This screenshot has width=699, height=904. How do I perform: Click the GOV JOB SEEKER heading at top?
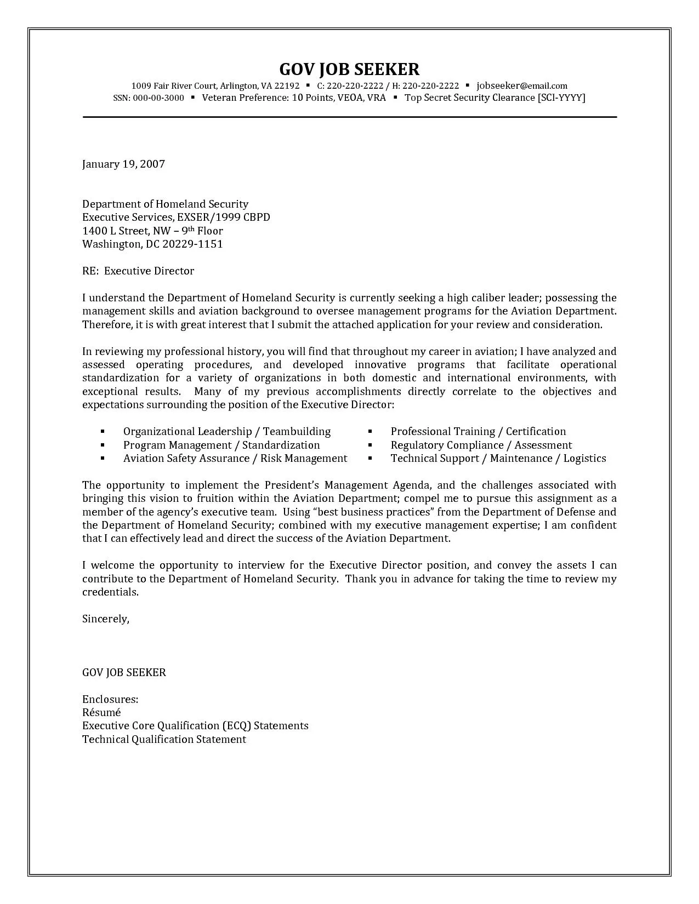(349, 69)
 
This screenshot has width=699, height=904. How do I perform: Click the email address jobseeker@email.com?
(521, 85)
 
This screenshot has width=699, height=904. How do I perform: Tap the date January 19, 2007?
(123, 164)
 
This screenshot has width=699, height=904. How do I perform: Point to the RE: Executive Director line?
(138, 271)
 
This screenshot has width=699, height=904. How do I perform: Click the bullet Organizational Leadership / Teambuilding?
(226, 432)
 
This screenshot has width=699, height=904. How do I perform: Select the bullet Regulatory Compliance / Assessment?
(481, 445)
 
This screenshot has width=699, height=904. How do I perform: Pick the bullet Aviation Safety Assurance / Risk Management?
(235, 459)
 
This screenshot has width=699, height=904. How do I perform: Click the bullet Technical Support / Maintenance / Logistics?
(498, 459)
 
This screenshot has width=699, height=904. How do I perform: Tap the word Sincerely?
(105, 619)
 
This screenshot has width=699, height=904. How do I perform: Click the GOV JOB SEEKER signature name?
(124, 672)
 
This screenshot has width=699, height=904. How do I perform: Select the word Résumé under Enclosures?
(101, 713)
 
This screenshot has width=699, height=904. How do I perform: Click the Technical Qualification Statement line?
(164, 740)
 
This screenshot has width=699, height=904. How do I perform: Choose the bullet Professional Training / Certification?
(478, 432)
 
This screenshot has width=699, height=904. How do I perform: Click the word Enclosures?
(110, 700)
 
